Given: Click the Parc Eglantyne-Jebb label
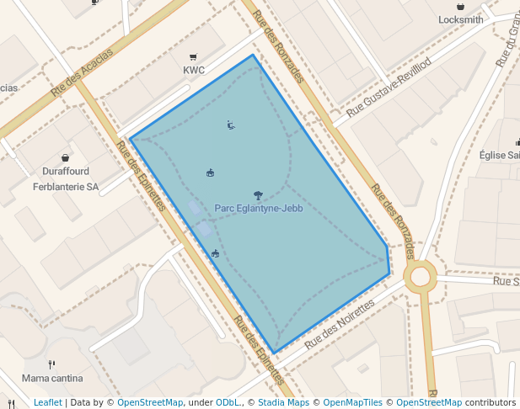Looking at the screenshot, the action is point(258,208).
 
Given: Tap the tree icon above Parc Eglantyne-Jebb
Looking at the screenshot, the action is point(258,194).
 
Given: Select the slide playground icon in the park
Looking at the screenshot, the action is point(231,126).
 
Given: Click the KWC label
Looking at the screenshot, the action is point(194,71).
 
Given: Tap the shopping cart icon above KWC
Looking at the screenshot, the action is point(194,57).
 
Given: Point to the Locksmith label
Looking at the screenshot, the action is point(461,19).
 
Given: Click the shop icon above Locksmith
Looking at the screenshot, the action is point(461,6).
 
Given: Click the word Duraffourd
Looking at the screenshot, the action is point(66,172).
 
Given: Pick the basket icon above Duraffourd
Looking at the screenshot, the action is point(66,157).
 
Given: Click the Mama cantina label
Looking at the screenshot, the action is point(53,378).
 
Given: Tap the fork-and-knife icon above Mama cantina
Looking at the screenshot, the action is point(52,364).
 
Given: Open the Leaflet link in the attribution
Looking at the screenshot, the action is point(48,402).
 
